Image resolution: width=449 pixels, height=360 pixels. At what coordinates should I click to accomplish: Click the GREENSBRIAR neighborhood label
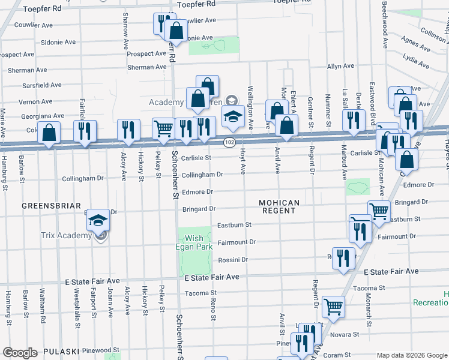click(51, 206)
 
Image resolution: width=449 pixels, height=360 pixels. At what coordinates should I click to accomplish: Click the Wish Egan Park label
click(194, 242)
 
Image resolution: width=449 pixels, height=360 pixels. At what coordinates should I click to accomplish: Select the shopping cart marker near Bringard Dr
click(379, 211)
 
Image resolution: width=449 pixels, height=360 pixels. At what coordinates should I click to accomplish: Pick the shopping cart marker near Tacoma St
click(333, 306)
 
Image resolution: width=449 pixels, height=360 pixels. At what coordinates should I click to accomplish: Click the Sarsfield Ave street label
click(40, 86)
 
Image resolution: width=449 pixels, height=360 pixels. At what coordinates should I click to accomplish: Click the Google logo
click(20, 353)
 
